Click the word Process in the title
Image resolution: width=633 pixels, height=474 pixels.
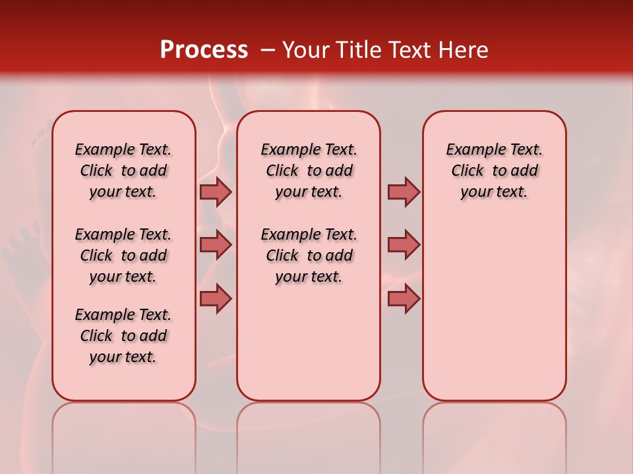204,50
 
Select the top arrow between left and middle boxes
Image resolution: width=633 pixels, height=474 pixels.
216,192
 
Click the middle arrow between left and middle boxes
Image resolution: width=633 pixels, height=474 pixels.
216,245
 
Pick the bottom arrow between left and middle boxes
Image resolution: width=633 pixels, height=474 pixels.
216,298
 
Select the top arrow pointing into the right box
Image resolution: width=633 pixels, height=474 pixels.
404,192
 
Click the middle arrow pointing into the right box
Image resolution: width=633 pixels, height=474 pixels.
404,245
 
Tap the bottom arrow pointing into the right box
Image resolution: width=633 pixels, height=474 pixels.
404,298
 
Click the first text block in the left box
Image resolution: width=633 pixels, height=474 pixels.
123,171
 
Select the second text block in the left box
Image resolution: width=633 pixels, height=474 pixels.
123,255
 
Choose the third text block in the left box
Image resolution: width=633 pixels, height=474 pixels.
123,336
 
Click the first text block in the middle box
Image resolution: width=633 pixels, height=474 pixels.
309,171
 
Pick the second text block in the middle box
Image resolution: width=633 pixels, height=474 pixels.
309,255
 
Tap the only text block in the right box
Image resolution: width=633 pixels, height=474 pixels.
494,171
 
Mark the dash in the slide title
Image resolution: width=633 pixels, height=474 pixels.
267,50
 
